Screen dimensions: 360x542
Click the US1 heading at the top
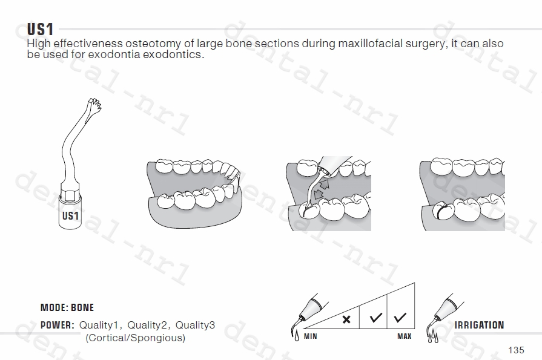tap(41, 29)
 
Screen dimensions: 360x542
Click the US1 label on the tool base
tap(70, 216)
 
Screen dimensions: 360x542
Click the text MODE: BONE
tap(67, 308)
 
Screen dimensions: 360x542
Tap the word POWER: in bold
tap(57, 325)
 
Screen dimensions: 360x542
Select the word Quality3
tap(196, 325)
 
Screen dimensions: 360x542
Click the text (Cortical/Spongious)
tap(136, 338)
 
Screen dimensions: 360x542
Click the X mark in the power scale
tap(346, 319)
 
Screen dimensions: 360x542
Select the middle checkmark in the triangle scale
tap(375, 317)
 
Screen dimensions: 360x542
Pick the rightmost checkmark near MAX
tap(400, 316)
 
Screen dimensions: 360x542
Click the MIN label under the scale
tap(310, 336)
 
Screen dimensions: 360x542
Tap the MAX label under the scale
tap(404, 336)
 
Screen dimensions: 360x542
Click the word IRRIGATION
tap(479, 325)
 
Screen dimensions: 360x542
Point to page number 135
tap(516, 350)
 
